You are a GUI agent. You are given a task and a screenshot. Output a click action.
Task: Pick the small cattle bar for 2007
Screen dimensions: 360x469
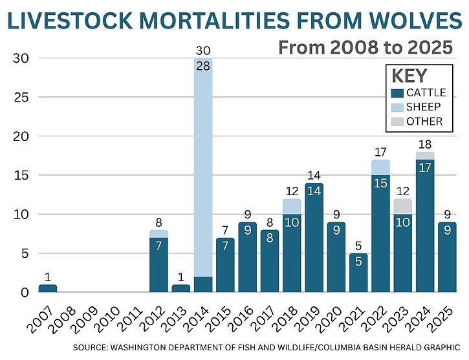click(48, 288)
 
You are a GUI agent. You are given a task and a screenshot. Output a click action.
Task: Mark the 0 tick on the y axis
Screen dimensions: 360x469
click(25, 292)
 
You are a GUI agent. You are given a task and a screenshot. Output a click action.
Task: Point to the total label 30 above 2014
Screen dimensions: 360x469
click(202, 51)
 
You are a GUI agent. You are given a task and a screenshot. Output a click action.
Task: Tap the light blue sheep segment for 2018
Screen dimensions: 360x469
click(291, 206)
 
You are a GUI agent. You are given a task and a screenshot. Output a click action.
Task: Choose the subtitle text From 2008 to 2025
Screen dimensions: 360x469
click(364, 48)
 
